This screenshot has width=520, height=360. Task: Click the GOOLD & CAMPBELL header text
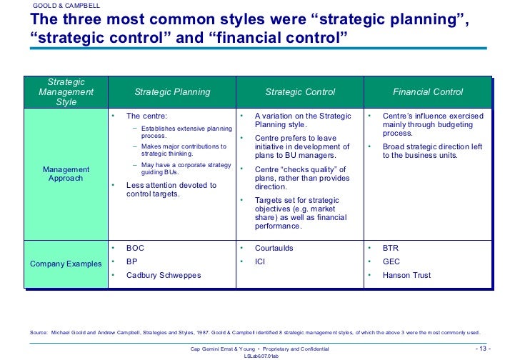tap(66, 6)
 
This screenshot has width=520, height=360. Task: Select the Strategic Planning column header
tap(172, 92)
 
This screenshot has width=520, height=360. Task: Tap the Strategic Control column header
tap(299, 92)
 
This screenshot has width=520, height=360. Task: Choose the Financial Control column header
tap(428, 92)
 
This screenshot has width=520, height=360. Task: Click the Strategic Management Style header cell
tap(66, 92)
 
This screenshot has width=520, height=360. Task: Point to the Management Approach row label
tap(66, 174)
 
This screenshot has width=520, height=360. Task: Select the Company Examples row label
tap(66, 264)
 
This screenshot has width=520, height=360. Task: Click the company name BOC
tap(136, 249)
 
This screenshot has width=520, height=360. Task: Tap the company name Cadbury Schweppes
tap(164, 276)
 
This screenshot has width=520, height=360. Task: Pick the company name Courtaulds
tap(274, 249)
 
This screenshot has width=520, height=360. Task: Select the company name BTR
tap(391, 249)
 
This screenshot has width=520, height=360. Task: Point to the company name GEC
tap(391, 262)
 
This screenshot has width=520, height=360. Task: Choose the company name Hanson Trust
tap(406, 276)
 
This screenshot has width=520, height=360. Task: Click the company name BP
tap(132, 262)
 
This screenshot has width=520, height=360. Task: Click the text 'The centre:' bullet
tap(147, 116)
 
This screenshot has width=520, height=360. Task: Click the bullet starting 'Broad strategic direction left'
tap(432, 151)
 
